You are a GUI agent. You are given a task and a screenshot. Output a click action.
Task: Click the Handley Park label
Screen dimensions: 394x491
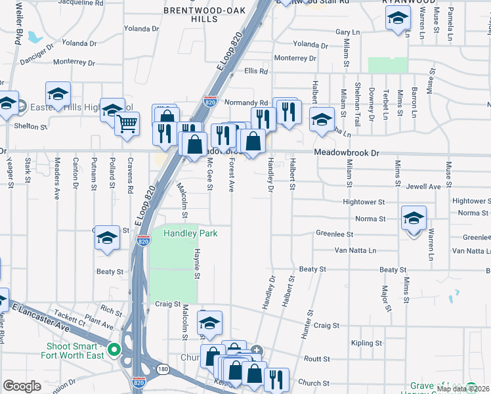click(190, 233)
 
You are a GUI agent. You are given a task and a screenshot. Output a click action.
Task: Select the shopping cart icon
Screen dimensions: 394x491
click(127, 122)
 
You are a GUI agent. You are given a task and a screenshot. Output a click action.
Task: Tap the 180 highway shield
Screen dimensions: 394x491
click(163, 370)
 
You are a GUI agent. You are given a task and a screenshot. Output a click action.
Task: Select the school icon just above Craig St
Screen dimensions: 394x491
click(209, 323)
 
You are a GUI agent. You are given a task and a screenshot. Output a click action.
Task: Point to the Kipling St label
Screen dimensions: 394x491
click(366, 343)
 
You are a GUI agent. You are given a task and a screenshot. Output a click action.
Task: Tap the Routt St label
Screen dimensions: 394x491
click(316, 359)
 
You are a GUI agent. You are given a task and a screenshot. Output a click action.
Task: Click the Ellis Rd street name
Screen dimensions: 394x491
click(256, 71)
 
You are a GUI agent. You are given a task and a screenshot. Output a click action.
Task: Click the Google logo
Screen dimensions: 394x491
click(22, 386)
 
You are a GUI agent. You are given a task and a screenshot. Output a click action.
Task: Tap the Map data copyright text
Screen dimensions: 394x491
click(463, 389)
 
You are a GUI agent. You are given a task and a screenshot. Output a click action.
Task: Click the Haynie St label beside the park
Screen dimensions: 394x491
click(196, 261)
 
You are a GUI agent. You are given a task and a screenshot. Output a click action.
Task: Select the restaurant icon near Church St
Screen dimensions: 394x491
click(276, 378)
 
